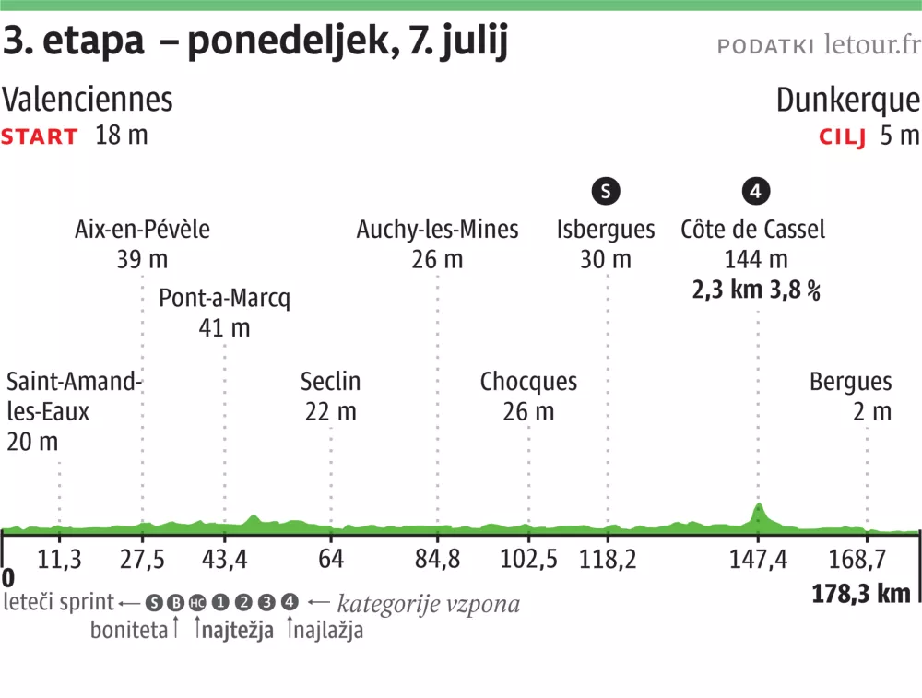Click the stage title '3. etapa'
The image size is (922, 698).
pyautogui.click(x=74, y=41)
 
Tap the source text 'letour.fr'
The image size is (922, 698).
pyautogui.click(x=871, y=44)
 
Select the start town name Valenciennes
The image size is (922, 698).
pyautogui.click(x=88, y=100)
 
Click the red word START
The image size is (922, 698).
pyautogui.click(x=40, y=137)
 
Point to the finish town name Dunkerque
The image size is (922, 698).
pyautogui.click(x=847, y=100)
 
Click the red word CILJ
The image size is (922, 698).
pyautogui.click(x=843, y=137)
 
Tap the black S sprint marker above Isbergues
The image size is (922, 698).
pyautogui.click(x=606, y=192)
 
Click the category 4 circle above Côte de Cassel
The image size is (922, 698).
pyautogui.click(x=755, y=192)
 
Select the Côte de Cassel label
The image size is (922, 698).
pyautogui.click(x=752, y=230)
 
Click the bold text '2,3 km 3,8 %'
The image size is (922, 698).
pyautogui.click(x=756, y=290)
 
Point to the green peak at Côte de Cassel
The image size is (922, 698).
pyautogui.click(x=759, y=508)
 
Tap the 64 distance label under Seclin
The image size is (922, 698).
pyautogui.click(x=331, y=560)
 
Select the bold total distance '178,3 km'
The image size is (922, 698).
pyautogui.click(x=861, y=593)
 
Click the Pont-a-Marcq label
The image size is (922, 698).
pyautogui.click(x=224, y=299)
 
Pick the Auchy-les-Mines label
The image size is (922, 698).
pyautogui.click(x=437, y=230)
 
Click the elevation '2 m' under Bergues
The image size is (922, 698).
pyautogui.click(x=872, y=411)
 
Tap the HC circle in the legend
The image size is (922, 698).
pyautogui.click(x=197, y=603)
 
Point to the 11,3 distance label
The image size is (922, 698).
pyautogui.click(x=59, y=560)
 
